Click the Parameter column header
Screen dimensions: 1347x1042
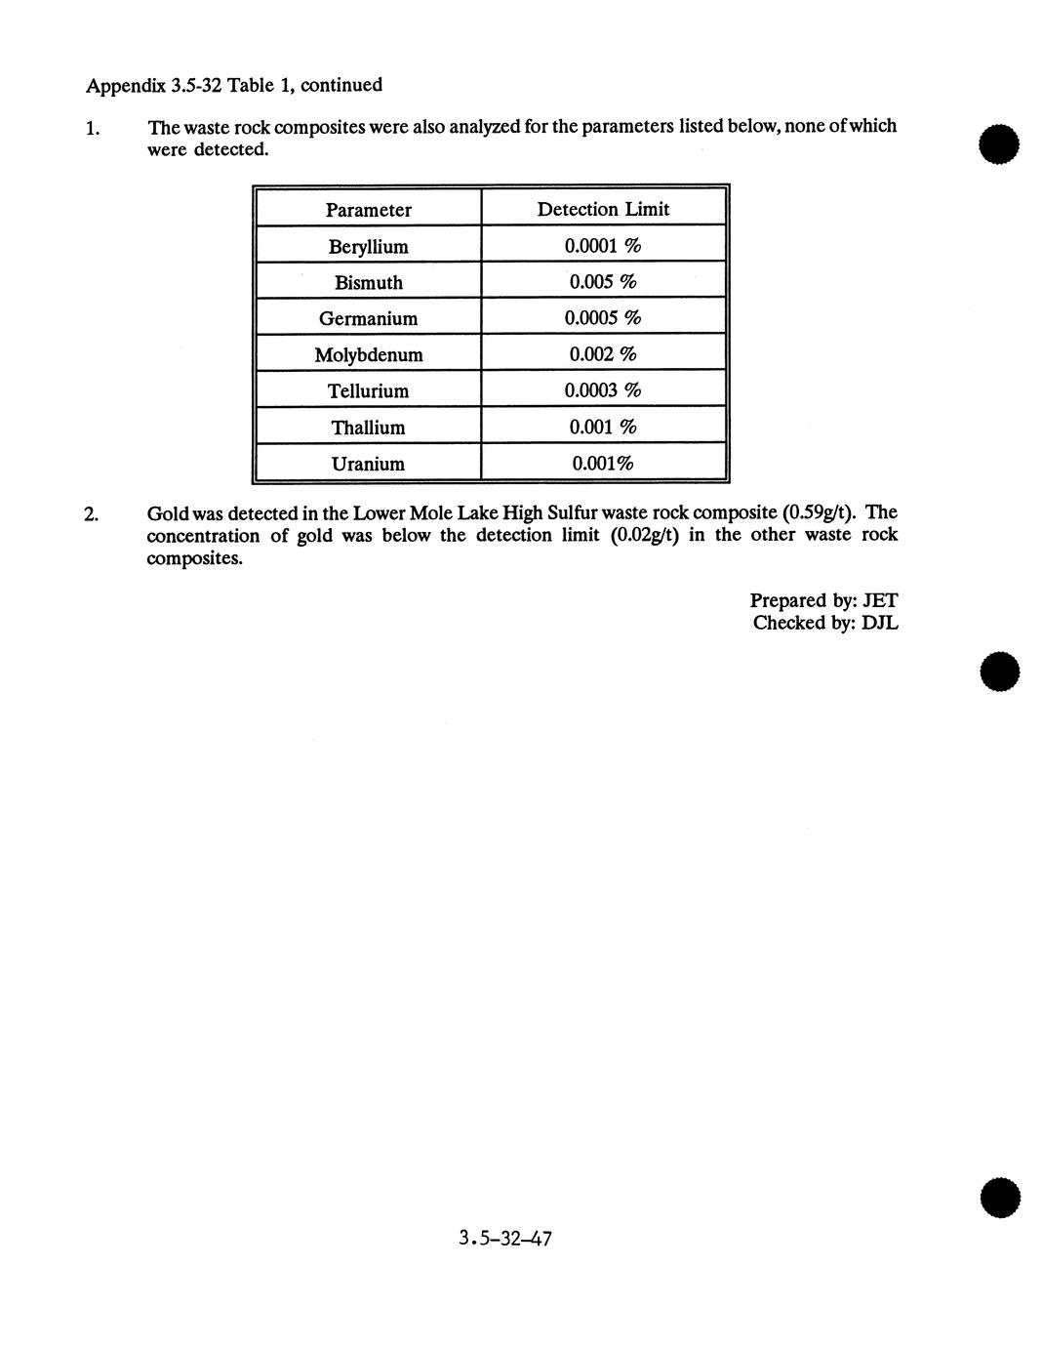pos(368,210)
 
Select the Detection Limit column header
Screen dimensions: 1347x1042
pos(603,209)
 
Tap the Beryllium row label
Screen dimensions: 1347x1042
pos(368,247)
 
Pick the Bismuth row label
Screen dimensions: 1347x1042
pos(368,283)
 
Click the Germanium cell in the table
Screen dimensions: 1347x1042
pos(368,319)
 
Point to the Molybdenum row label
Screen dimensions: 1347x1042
pos(368,355)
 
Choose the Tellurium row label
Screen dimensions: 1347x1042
pos(368,391)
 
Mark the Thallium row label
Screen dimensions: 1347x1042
pos(368,428)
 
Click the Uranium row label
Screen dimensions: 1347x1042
pos(368,464)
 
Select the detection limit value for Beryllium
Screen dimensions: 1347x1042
pos(603,246)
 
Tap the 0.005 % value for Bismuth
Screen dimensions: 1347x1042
pos(603,282)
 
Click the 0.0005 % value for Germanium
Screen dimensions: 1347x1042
pos(603,318)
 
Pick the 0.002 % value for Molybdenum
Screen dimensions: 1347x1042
pos(603,354)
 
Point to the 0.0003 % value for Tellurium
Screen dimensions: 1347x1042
pos(603,390)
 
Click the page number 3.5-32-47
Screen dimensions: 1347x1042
pos(505,1240)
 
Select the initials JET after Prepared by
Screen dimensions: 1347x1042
pos(880,601)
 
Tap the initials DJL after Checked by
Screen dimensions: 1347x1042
pos(880,623)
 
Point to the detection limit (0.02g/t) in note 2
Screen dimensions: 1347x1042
pos(644,535)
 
